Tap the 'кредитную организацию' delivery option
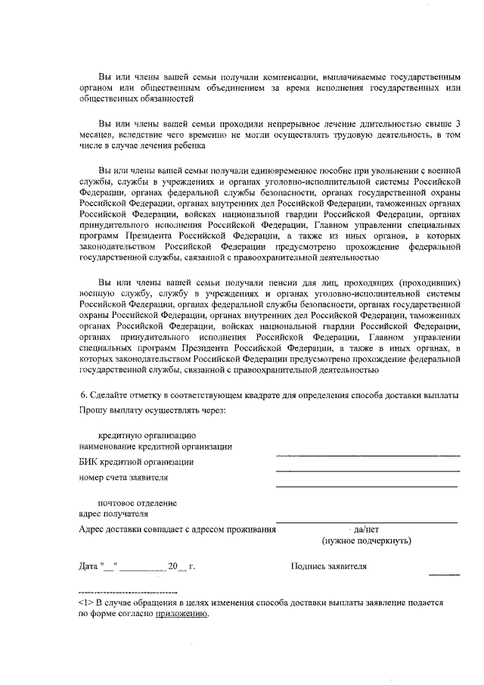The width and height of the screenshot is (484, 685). click(x=147, y=435)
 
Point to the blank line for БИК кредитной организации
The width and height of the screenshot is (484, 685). click(x=368, y=471)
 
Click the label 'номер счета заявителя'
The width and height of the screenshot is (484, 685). click(x=123, y=478)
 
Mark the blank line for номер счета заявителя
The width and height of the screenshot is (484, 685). click(x=368, y=485)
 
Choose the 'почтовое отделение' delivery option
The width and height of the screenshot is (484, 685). click(x=138, y=503)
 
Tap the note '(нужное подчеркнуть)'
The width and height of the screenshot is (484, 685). click(x=366, y=542)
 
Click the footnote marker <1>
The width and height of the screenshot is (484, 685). click(x=85, y=602)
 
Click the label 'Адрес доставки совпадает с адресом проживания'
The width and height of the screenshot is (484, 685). click(x=176, y=530)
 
